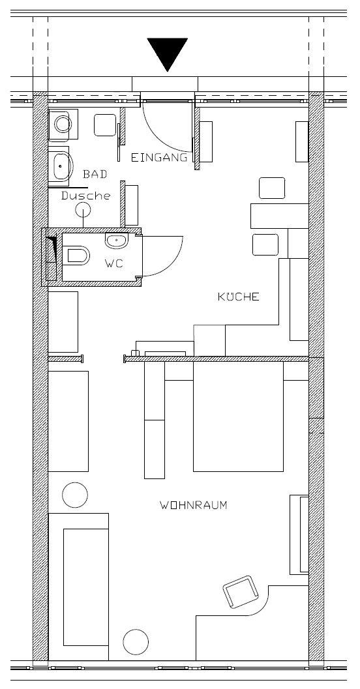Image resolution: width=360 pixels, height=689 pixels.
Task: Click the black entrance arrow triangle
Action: click(168, 53)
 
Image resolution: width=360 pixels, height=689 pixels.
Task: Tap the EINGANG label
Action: click(159, 158)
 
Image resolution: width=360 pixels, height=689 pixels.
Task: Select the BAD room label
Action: click(95, 174)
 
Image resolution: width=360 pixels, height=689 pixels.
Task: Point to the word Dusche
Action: click(85, 196)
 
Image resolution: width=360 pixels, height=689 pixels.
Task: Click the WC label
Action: click(114, 263)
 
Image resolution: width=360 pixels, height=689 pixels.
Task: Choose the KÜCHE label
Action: click(239, 297)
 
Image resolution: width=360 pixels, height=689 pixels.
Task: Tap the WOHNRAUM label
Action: click(194, 505)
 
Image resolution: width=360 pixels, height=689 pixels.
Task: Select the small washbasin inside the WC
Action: click(117, 241)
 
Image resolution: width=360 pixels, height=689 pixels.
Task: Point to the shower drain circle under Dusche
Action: click(83, 211)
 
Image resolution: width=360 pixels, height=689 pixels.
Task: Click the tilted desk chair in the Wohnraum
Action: click(241, 592)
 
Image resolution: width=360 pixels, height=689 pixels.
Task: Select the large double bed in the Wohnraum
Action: click(238, 417)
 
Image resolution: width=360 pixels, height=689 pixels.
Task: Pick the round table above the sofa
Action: click(75, 495)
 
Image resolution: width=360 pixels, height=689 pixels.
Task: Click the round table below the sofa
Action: click(136, 642)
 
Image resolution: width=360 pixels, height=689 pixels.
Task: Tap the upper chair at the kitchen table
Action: click(272, 188)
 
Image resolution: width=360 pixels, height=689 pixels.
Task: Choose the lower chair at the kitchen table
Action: click(265, 244)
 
